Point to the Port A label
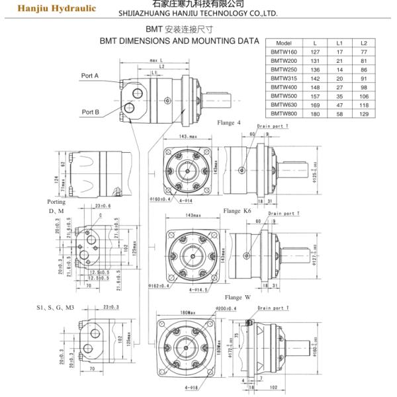click(x=90, y=76)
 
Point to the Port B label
click(x=90, y=112)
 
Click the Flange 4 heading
click(x=229, y=123)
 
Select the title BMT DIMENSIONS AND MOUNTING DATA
click(x=179, y=40)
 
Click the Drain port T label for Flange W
click(x=273, y=308)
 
